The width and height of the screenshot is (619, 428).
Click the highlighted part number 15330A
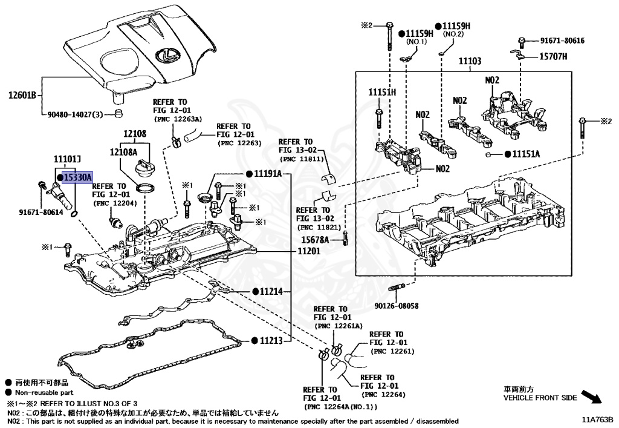[77, 177]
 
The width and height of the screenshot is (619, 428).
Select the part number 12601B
[22, 95]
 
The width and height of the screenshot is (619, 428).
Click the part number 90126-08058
[396, 307]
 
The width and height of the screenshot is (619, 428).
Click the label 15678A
[315, 240]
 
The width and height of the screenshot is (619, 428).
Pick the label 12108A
[123, 153]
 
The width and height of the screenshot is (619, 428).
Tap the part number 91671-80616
[562, 41]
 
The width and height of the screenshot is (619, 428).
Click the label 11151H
[382, 92]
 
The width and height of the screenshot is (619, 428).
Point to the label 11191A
[268, 173]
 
